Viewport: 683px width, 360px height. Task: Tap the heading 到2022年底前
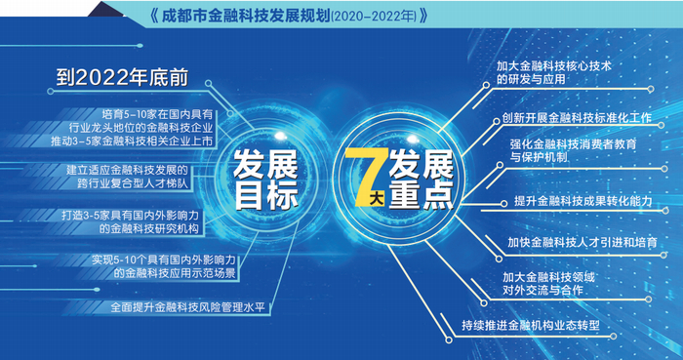tap(122, 78)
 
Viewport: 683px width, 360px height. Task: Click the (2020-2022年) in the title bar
tap(374, 17)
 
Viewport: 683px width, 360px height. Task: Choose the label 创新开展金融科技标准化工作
tap(577, 118)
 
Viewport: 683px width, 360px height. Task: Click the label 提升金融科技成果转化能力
tap(583, 201)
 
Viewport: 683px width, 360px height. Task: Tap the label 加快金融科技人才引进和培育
tap(583, 242)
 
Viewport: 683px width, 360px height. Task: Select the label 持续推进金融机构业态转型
tap(531, 326)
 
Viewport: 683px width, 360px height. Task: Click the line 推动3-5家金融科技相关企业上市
tap(132, 140)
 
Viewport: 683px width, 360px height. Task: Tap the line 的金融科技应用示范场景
tap(175, 273)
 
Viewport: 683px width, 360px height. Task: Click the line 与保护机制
tap(539, 157)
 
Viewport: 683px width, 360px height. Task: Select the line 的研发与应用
tap(531, 79)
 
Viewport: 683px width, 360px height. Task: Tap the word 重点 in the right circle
tap(422, 195)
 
